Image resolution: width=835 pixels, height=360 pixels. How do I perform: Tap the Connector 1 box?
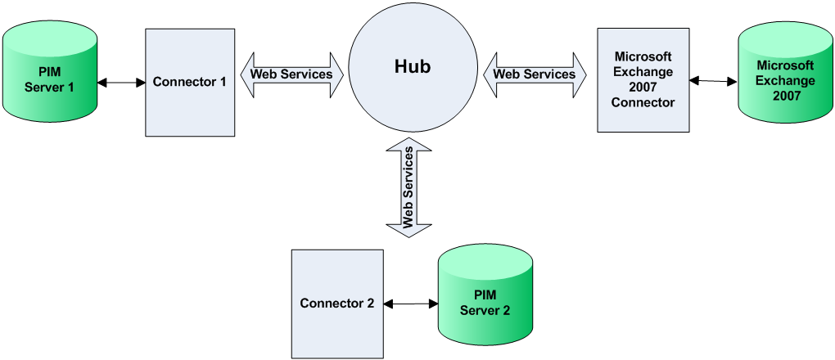pos(189,106)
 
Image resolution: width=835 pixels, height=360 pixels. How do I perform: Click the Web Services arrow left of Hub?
pos(291,74)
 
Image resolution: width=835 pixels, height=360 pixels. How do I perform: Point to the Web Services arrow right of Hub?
pos(535,74)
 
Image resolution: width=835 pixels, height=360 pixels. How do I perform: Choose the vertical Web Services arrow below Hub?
pos(408,187)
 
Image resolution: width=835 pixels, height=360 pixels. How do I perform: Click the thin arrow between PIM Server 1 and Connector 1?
pos(121,83)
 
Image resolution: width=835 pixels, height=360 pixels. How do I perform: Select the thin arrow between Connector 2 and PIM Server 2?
pos(410,304)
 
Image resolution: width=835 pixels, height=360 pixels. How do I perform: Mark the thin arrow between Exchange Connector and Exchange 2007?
pos(713,80)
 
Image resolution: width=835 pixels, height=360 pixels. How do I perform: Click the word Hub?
pos(413,66)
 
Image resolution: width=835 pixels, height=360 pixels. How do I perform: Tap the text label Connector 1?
pos(189,83)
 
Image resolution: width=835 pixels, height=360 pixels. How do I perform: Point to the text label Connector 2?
pos(337,303)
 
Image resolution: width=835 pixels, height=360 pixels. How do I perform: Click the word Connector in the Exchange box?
pos(643,102)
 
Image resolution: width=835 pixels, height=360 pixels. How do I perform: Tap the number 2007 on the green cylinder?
pos(785,96)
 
